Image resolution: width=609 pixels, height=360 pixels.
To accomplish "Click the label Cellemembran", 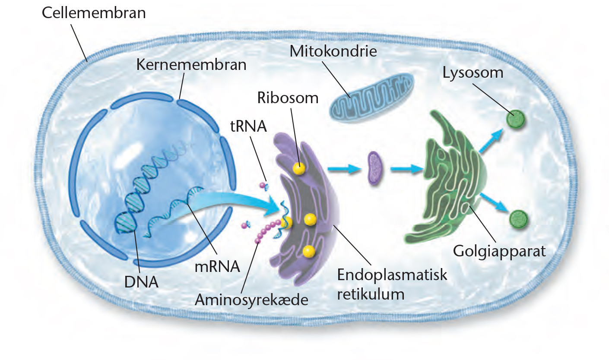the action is click(x=94, y=13).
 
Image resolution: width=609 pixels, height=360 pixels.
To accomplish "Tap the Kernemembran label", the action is click(x=191, y=65).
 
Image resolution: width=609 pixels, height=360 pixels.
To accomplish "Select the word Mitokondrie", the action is click(x=333, y=51).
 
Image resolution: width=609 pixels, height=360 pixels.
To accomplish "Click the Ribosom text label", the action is click(x=288, y=98).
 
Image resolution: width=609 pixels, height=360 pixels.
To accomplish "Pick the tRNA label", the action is click(x=248, y=126).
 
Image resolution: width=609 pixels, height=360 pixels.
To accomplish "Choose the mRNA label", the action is click(x=217, y=266).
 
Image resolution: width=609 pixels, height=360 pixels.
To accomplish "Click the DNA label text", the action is click(x=141, y=282).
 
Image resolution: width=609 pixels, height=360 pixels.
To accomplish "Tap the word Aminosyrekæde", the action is click(x=251, y=300).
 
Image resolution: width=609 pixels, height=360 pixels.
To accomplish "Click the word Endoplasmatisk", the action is click(x=392, y=275).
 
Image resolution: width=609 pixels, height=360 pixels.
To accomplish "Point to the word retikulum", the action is click(x=371, y=294).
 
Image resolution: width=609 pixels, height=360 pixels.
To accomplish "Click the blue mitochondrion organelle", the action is click(x=371, y=98).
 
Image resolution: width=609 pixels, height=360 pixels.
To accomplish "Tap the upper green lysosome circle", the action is click(x=515, y=120).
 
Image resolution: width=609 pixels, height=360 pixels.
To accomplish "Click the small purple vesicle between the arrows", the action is click(x=375, y=168).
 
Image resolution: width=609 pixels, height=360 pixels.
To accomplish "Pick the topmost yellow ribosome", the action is click(x=299, y=168).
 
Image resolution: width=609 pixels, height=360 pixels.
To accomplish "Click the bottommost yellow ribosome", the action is click(x=309, y=251).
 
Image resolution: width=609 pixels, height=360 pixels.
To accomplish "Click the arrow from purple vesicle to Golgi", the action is click(x=406, y=169).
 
